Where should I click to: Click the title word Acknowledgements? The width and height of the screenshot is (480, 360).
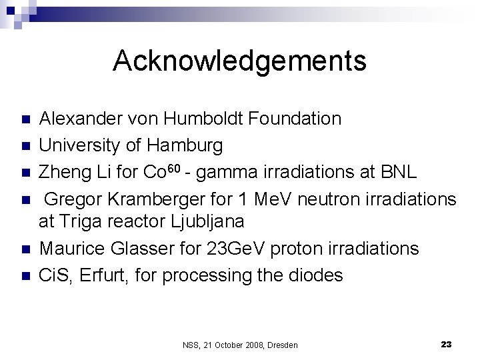click(239, 61)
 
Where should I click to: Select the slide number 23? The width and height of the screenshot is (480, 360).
click(446, 344)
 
